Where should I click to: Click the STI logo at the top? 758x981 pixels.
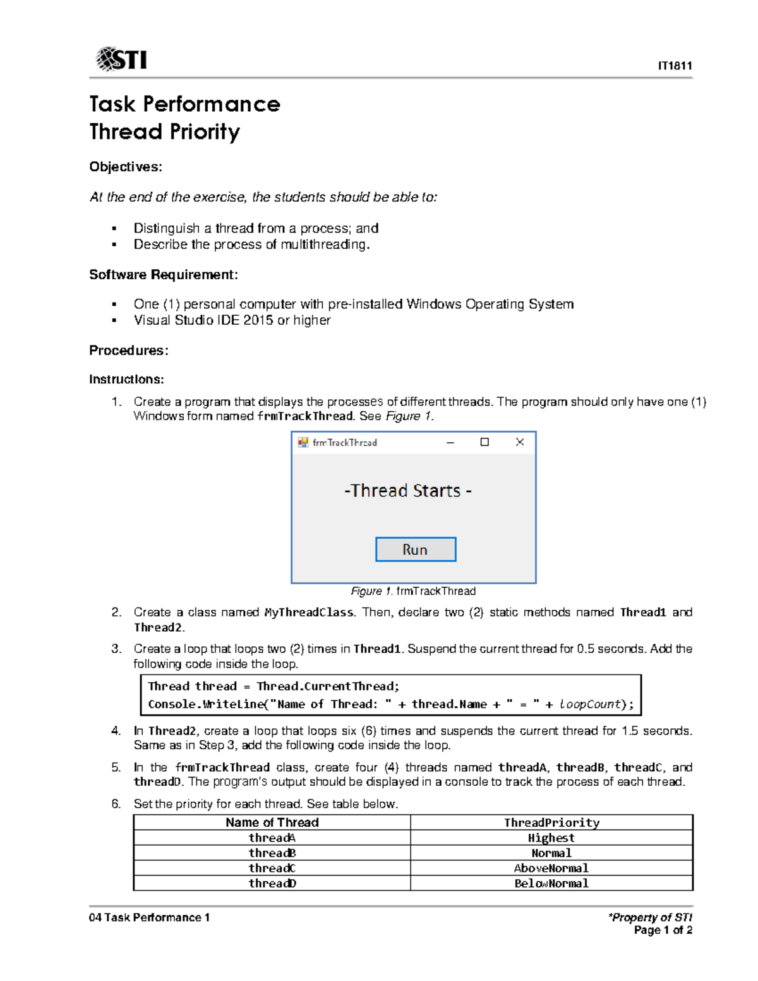121,60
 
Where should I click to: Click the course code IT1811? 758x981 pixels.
675,66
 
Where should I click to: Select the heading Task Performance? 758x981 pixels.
184,104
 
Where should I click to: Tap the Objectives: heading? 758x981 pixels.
126,167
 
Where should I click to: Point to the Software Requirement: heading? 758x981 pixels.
164,274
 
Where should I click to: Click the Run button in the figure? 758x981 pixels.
415,550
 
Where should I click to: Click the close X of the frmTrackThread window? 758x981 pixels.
520,442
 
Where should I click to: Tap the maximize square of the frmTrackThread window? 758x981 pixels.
484,442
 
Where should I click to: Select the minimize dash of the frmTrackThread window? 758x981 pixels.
450,442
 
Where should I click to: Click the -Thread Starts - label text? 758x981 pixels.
407,491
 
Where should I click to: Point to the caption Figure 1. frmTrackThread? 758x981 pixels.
413,591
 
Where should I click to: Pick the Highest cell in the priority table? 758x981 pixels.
551,838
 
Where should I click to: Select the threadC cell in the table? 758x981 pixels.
272,868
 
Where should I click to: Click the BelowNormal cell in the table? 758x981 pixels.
551,883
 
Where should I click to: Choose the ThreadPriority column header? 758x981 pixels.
551,822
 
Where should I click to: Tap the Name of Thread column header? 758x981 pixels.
272,822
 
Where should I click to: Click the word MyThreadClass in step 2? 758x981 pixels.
310,612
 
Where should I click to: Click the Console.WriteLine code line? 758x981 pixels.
390,704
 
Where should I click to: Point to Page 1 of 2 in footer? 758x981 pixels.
663,930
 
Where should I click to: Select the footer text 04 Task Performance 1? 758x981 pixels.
149,917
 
